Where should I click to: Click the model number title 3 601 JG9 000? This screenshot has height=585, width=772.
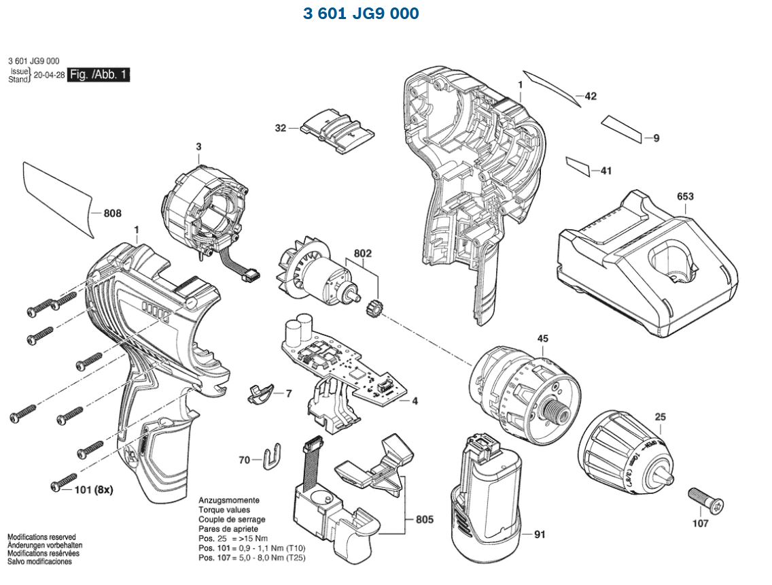point(361,14)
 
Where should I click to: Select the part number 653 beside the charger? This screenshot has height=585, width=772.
point(685,197)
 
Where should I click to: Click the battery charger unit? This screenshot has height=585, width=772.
point(646,265)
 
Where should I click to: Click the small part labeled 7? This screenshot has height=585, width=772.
point(260,393)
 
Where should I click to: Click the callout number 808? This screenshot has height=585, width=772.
point(112,214)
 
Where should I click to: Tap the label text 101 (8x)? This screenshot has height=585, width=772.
point(94,489)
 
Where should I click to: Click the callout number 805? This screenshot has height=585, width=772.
point(425,520)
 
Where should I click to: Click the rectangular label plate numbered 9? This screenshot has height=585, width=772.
point(622,129)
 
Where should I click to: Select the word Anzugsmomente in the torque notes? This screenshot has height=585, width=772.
point(228,500)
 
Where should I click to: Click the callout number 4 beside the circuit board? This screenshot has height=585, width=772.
point(414,401)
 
